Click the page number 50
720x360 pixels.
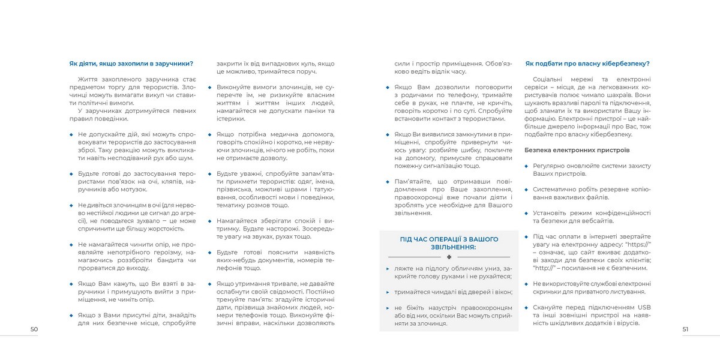click(x=34, y=329)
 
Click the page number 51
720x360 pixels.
click(x=685, y=329)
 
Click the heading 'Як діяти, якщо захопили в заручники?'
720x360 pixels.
click(x=131, y=63)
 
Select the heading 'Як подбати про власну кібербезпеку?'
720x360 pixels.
click(x=587, y=63)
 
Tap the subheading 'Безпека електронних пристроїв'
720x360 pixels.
click(x=577, y=149)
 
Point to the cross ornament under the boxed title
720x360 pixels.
click(x=449, y=256)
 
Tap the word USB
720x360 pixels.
click(x=645, y=307)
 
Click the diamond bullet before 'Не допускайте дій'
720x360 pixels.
click(x=71, y=134)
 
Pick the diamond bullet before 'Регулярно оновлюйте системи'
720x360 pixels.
click(x=526, y=166)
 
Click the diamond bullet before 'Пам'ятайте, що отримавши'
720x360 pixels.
click(x=388, y=181)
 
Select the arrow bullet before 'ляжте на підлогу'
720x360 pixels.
click(x=388, y=268)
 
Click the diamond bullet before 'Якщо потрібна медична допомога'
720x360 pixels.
click(x=210, y=134)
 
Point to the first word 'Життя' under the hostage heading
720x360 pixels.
click(x=88, y=79)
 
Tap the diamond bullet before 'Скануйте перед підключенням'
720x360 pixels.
click(x=526, y=307)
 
